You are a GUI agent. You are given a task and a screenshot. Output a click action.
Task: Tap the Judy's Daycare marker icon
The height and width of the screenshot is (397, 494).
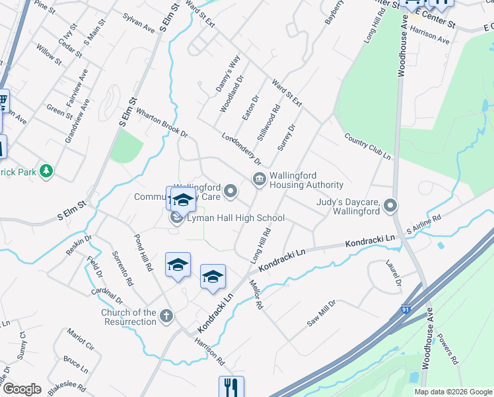tap(390, 206)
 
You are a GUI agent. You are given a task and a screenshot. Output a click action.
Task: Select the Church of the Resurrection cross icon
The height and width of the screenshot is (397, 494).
tap(166, 316)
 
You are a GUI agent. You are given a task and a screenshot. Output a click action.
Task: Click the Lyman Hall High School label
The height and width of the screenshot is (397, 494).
tap(236, 218)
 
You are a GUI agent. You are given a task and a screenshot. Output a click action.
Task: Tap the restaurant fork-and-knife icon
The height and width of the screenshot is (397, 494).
tap(231, 386)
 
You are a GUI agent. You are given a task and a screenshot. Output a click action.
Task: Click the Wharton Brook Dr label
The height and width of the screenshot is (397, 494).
tap(162, 122)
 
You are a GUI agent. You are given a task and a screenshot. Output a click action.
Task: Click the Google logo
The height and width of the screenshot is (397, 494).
tap(22, 389)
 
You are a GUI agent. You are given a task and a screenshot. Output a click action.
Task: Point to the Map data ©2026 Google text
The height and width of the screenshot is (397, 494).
tap(453, 392)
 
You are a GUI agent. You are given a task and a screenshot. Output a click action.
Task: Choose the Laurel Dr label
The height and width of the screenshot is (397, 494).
tap(394, 273)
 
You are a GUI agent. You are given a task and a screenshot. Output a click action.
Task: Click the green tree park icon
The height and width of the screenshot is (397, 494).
tap(46, 171)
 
